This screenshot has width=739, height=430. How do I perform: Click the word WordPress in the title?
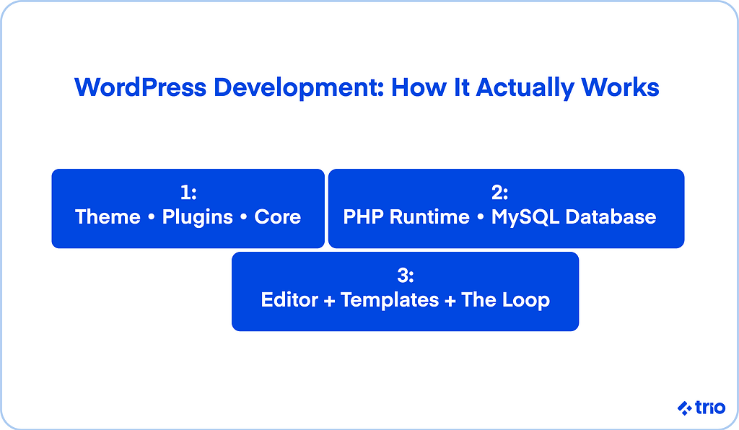tap(141, 87)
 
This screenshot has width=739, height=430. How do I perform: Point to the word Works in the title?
tap(620, 87)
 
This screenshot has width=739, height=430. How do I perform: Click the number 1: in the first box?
tap(188, 192)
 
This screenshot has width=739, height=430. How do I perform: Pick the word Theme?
tap(108, 217)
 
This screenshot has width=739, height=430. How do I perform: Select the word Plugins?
tap(198, 218)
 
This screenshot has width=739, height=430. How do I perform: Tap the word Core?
tap(278, 217)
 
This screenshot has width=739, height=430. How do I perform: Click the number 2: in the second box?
tap(500, 192)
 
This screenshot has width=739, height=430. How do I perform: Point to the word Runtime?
tap(430, 217)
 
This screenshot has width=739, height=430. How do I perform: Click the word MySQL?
tap(525, 218)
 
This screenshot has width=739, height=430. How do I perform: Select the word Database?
tap(611, 217)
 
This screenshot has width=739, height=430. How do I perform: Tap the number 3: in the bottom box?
tap(406, 276)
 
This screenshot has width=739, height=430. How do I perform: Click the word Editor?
tap(290, 300)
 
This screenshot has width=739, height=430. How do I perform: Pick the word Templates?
tap(390, 301)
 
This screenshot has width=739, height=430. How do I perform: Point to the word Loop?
tap(525, 301)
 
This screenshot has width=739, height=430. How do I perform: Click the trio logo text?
tap(710, 408)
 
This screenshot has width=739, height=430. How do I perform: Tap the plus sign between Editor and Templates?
tap(329, 301)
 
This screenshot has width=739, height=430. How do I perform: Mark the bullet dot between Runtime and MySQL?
tap(481, 218)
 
